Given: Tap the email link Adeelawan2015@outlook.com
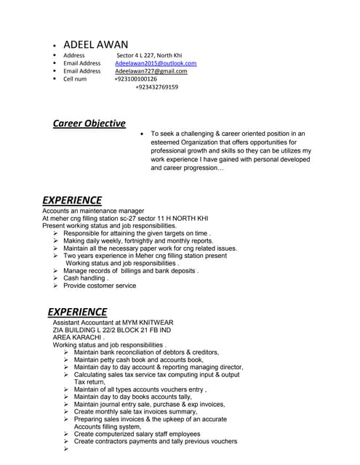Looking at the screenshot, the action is coord(156,63).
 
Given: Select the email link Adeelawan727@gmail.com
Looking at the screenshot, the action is coord(151,71).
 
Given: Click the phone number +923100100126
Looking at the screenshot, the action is coord(135,79).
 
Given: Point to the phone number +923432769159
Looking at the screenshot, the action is coord(156,87).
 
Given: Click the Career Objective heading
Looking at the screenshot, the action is coord(89,124).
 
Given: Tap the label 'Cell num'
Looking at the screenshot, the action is coord(75,79).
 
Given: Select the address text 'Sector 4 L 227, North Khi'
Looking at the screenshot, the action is coord(153,55).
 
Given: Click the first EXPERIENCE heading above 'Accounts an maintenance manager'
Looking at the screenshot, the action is coord(72,200).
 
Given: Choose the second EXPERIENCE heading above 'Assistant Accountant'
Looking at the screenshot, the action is coord(77,312).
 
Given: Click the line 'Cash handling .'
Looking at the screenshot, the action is coord(87,278).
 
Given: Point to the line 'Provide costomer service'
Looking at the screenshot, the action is coord(100,286).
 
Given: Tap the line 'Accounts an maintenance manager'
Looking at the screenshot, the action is coord(93,211).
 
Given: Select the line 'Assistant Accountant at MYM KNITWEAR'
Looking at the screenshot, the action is coord(113,323).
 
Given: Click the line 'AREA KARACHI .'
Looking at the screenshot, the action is coord(79,338).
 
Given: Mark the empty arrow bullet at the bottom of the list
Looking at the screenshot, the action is coord(66,449).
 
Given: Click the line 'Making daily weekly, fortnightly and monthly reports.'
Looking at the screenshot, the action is coord(138,240).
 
